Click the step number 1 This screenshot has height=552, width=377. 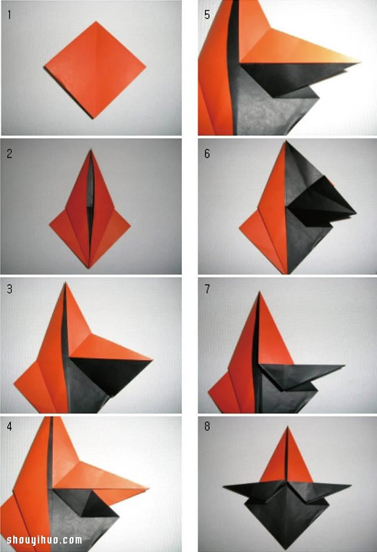pos(9,15)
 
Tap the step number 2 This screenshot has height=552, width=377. pos(9,154)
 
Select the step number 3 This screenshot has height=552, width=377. pos(9,288)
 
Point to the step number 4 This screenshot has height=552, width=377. pos(9,426)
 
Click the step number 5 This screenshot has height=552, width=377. pos(207,14)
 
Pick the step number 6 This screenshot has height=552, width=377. pos(207,154)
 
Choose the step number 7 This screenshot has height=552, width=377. pos(207,289)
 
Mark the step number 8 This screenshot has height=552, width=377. pos(207,426)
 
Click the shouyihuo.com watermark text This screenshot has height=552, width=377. pos(45,540)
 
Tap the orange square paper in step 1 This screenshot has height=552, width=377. pos(95,70)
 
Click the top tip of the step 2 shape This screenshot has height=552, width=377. pos(91,150)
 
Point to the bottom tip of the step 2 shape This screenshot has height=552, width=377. pos(89,267)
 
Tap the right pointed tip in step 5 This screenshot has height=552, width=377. pos(359,62)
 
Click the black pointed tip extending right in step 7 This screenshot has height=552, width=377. pos(344,366)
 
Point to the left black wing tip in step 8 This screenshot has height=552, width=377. pos(223,488)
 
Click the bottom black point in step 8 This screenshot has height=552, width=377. pos(287,549)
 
